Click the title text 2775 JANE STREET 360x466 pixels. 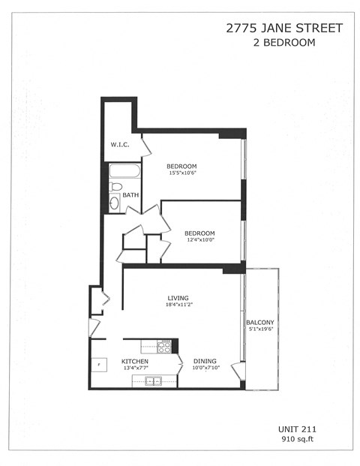click(x=284, y=29)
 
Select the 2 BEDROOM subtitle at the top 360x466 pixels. click(x=284, y=43)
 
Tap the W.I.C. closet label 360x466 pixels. click(x=120, y=144)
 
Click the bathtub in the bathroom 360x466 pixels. click(x=124, y=171)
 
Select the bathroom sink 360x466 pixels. click(x=114, y=203)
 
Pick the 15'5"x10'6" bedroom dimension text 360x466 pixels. click(x=181, y=173)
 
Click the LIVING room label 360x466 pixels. click(x=178, y=298)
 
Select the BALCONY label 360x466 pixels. click(x=261, y=322)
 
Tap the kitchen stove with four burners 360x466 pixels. click(x=165, y=346)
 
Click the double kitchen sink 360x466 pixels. click(x=154, y=381)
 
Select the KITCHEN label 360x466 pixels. click(x=135, y=362)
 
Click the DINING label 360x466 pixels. click(x=205, y=361)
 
